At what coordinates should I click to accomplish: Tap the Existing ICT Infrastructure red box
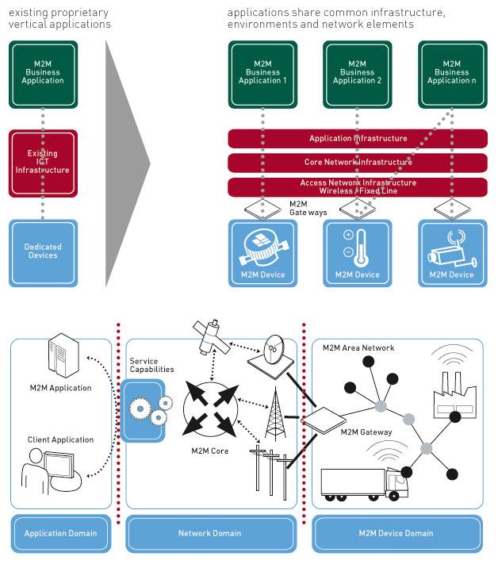44,163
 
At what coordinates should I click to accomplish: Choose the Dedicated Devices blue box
44,252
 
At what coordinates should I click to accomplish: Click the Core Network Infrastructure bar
358,163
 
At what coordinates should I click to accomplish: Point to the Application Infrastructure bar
358,139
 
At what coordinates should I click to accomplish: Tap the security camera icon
450,249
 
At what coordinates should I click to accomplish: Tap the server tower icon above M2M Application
61,359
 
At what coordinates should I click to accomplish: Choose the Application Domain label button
61,533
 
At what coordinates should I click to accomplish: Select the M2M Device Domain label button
397,533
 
